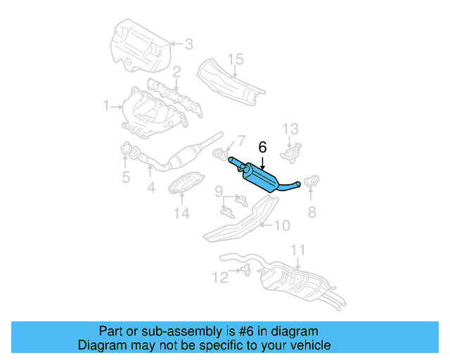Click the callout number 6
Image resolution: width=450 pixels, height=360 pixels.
[x=263, y=148]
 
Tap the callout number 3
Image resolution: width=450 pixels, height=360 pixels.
[x=188, y=44]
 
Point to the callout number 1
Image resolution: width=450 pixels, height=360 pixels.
[x=106, y=106]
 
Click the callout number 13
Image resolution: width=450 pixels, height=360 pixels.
[x=291, y=129]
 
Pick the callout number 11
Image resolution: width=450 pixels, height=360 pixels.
[x=298, y=250]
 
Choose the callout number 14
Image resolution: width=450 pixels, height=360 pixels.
[x=181, y=213]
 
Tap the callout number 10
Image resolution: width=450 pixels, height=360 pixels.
[x=281, y=225]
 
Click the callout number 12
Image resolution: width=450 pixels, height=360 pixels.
[x=220, y=278]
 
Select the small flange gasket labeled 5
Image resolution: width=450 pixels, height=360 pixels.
[x=127, y=150]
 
